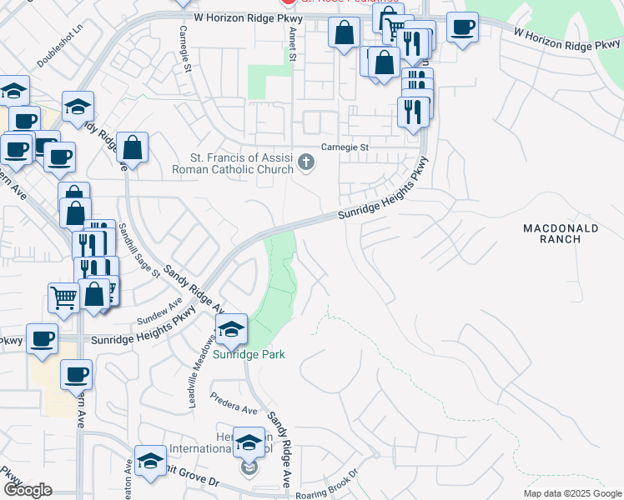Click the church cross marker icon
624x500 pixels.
tap(306, 162)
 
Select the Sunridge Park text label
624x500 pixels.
tap(248, 354)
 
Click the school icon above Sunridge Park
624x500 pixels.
tap(231, 330)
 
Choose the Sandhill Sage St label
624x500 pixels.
tap(134, 249)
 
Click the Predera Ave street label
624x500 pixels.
tap(234, 403)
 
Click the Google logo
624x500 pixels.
tap(28, 490)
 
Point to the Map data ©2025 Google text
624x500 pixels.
tap(573, 493)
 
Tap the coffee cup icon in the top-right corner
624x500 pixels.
tap(461, 28)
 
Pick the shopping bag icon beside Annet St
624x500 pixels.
tap(344, 34)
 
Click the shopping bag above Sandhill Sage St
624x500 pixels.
tap(132, 149)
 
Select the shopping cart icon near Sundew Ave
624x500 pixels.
tap(63, 297)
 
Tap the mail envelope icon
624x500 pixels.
tap(249, 469)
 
